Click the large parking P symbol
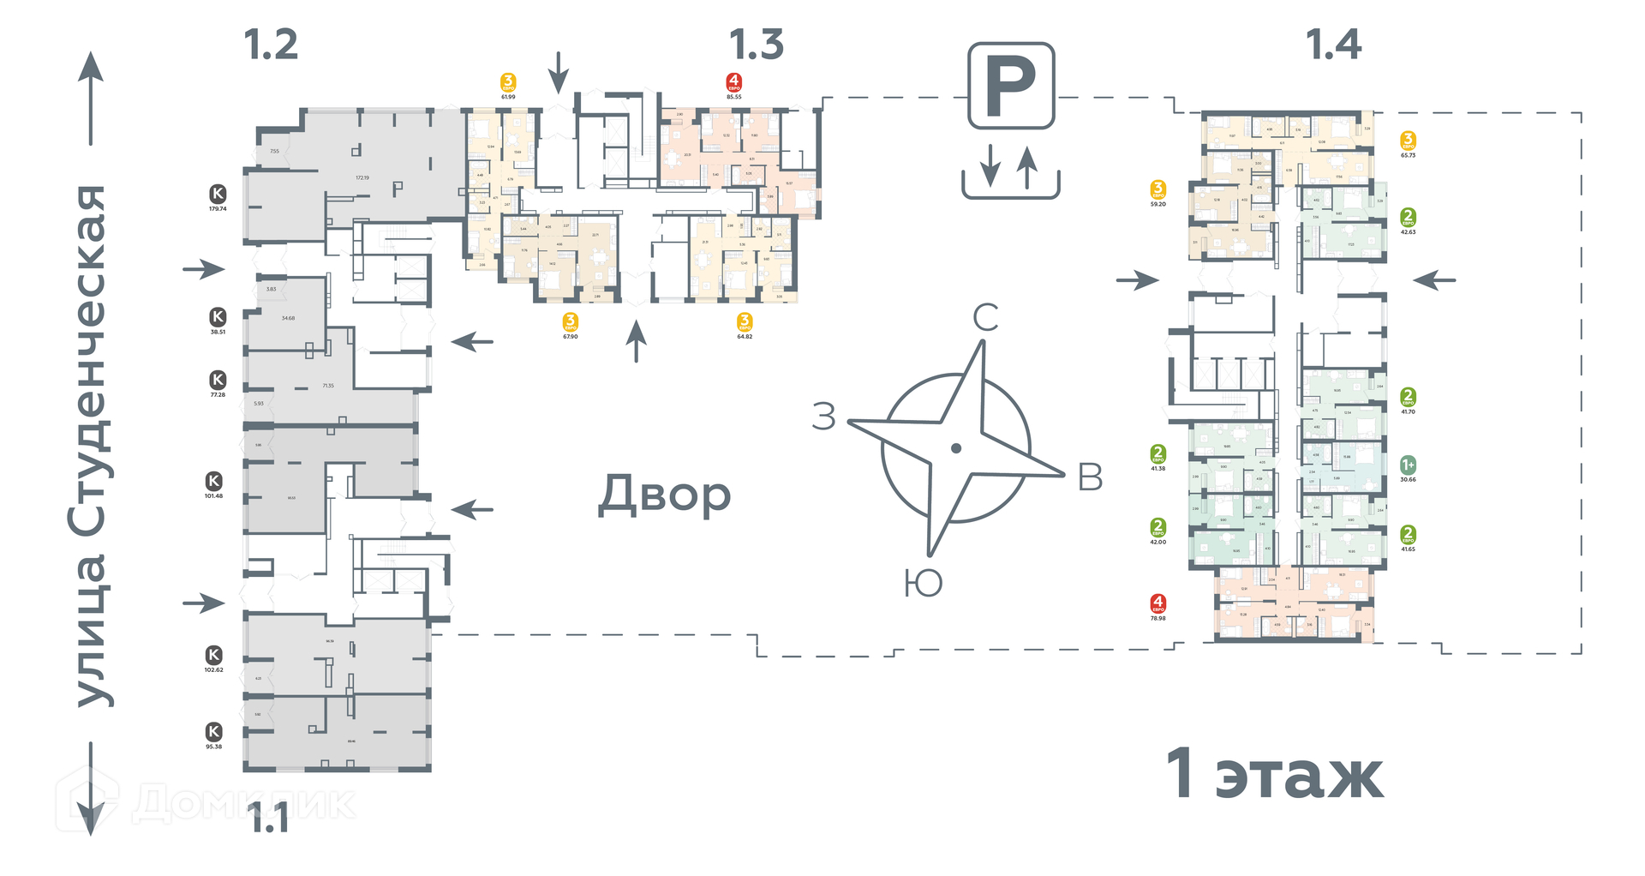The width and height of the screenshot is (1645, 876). click(1011, 86)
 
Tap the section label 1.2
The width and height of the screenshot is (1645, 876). click(271, 45)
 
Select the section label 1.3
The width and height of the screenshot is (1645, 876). click(757, 45)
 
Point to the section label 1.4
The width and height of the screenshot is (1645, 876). click(1333, 45)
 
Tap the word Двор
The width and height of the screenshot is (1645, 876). click(665, 495)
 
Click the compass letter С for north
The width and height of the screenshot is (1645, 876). click(985, 318)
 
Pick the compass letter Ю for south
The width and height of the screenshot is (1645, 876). click(923, 584)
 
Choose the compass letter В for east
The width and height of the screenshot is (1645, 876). click(1090, 478)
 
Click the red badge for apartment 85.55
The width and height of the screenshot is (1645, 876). click(734, 83)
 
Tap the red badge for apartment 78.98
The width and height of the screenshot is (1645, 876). click(1158, 604)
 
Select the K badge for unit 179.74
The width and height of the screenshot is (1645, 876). click(218, 195)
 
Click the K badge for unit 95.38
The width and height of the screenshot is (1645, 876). click(214, 732)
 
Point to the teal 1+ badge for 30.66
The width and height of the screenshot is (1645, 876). click(1408, 465)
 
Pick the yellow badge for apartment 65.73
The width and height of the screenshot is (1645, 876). click(1408, 141)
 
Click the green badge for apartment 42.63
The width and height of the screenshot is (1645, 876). click(1408, 218)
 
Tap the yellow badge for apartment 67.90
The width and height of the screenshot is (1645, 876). click(571, 322)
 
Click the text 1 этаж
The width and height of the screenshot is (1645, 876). click(1274, 775)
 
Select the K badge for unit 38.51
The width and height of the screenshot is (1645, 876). click(218, 317)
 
